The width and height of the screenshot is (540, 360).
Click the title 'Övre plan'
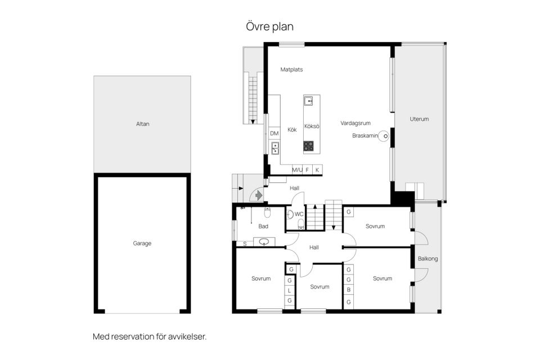pos(269,26)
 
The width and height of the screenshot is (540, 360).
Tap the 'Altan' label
pos(142,124)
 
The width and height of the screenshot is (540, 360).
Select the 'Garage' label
pos(142,244)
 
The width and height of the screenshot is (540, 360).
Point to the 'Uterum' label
pos(419,119)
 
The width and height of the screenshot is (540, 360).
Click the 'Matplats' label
pos(292,70)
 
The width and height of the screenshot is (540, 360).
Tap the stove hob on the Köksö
pos(309,146)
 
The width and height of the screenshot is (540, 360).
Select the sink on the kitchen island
pos(309,101)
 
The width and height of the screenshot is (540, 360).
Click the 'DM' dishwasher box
pos(274,133)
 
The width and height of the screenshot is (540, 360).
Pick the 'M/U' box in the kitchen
pos(297,169)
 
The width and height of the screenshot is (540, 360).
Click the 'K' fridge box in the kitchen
pos(317,169)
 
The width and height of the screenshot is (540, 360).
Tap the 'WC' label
pos(299,214)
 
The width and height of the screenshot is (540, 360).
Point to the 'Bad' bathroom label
pos(263,226)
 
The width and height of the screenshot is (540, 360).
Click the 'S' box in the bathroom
pos(245,244)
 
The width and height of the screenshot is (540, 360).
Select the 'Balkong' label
pos(427,259)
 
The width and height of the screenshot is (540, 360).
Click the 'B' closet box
pos(349,291)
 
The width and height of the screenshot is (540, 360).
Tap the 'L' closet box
pos(290,291)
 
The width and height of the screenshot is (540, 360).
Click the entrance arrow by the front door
pos(258,195)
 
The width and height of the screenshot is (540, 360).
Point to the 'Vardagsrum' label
pos(355,123)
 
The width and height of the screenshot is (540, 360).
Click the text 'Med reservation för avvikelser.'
pos(150,337)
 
